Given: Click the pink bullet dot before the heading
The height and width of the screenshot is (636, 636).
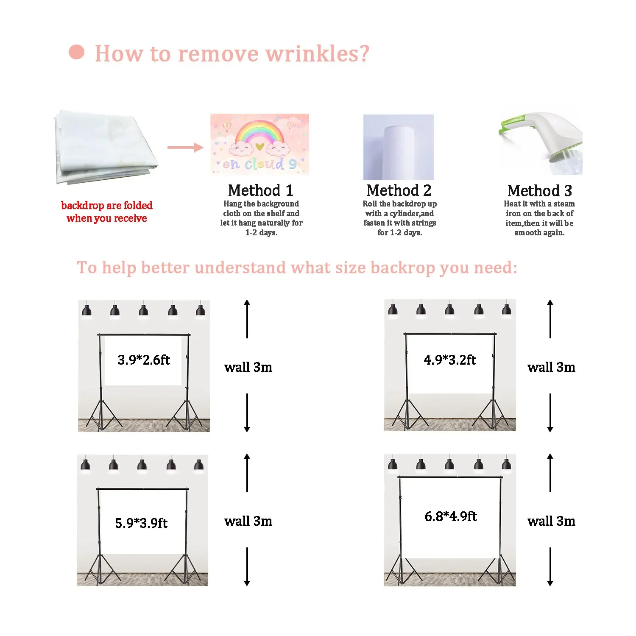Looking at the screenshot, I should [x=77, y=52].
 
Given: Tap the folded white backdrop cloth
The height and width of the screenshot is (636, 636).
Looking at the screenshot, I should [x=104, y=147].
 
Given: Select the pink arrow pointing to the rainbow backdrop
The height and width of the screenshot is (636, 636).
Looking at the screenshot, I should [x=185, y=148].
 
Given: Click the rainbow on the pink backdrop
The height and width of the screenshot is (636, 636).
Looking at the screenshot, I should [x=259, y=131].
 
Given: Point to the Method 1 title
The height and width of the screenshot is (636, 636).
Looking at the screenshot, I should [x=260, y=190].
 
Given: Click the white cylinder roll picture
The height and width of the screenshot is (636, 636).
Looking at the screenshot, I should [x=399, y=147].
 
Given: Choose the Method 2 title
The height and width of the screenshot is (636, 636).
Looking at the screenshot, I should [x=399, y=190].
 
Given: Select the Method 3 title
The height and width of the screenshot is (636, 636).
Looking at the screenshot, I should [x=540, y=191].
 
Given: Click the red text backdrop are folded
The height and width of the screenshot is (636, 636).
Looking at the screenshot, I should [x=107, y=206].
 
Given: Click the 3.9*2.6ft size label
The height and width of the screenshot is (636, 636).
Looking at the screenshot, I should [x=144, y=360].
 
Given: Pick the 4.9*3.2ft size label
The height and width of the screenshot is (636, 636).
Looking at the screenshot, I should [x=450, y=360].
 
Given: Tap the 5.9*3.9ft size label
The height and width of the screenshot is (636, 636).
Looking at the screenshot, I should [x=141, y=523].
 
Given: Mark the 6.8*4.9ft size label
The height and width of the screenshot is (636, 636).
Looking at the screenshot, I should [x=451, y=516].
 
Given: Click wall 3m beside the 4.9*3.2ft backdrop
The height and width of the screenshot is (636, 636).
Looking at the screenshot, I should [x=551, y=367].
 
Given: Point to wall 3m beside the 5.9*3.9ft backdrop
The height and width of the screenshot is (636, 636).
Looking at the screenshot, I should [x=248, y=521].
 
